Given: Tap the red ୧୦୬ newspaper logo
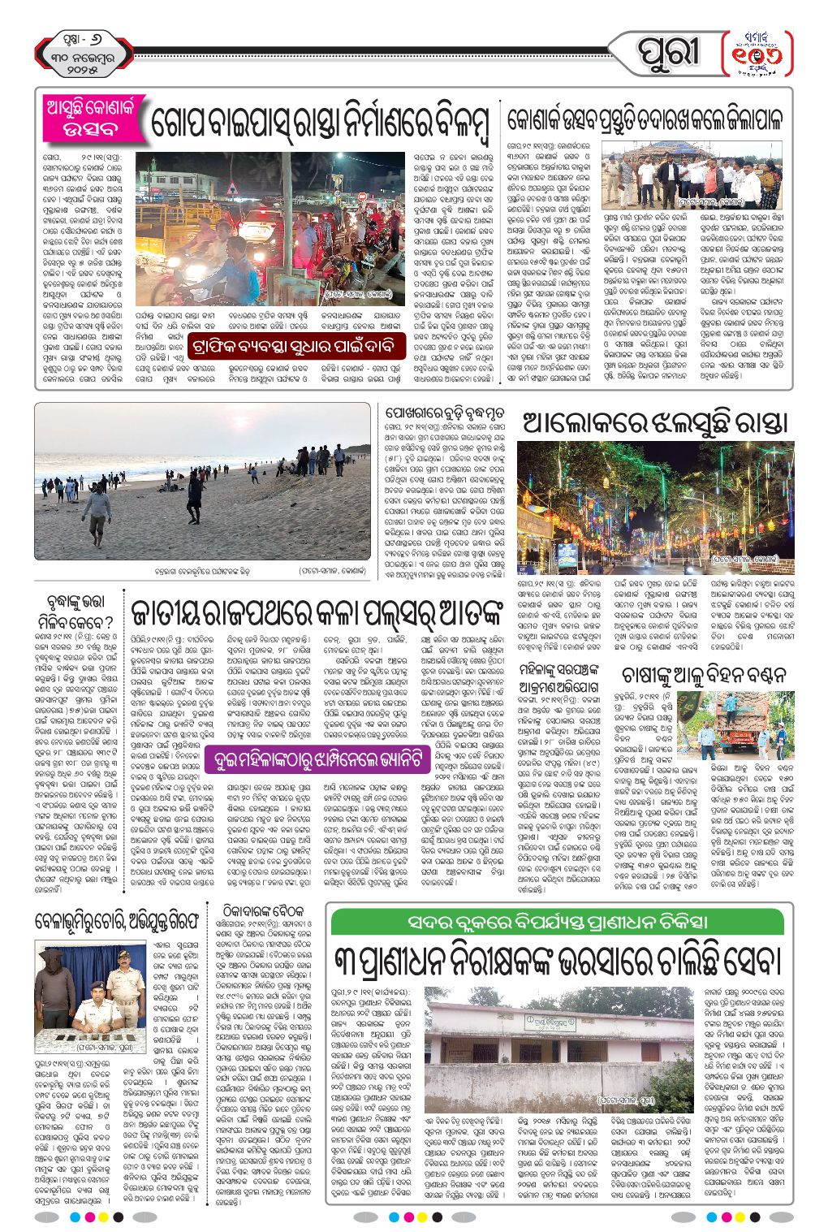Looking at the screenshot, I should point(757,54).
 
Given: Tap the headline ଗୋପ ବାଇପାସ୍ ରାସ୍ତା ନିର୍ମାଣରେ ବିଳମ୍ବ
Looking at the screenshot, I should point(320,123).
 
